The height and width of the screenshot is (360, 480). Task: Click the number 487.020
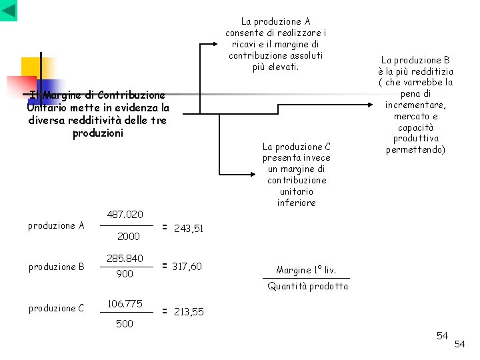[125, 214]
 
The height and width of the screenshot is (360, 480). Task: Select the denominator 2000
[128, 237]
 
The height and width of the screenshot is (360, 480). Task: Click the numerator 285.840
[125, 258]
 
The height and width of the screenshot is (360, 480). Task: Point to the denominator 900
[125, 274]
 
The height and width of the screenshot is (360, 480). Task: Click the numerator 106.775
[125, 304]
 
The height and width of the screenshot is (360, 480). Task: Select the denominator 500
[125, 324]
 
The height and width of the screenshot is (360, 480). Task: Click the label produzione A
[56, 225]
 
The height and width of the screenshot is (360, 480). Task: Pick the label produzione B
[56, 267]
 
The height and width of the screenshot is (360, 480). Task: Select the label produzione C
[56, 308]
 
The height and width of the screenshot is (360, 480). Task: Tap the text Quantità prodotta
[307, 287]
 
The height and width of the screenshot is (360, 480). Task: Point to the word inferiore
[296, 203]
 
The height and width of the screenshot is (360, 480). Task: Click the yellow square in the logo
[31, 67]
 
